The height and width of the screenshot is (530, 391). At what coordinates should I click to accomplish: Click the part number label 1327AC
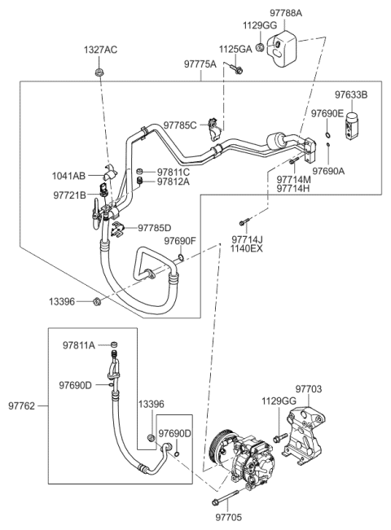[100, 50]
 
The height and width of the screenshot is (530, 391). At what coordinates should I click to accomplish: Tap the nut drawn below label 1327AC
[97, 74]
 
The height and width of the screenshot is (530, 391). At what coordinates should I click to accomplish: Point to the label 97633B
[351, 95]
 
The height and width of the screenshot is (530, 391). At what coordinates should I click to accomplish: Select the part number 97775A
[200, 64]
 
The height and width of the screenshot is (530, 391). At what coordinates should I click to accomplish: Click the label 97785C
[180, 125]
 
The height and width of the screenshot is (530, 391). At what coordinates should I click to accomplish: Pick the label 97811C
[173, 172]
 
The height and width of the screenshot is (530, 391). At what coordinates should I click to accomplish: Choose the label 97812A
[173, 182]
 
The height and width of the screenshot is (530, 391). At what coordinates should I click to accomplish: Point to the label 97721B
[70, 195]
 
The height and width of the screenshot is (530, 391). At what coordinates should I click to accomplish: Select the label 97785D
[154, 229]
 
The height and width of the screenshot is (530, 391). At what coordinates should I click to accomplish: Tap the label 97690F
[180, 241]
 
